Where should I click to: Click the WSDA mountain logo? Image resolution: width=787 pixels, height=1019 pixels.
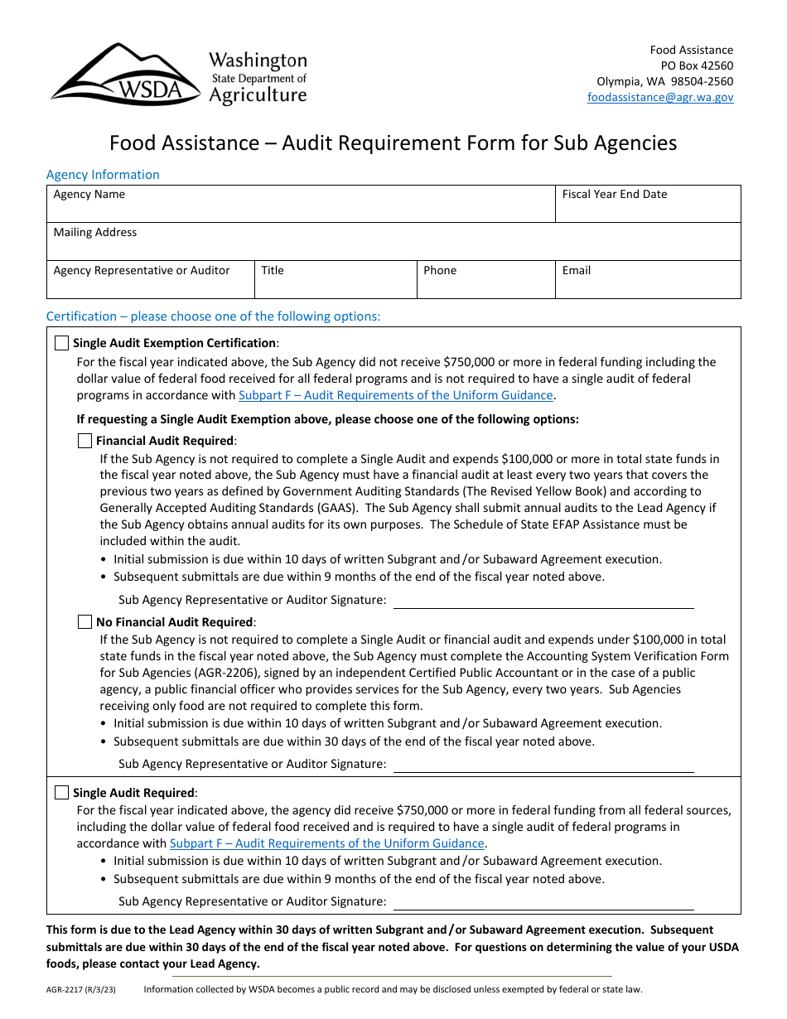tap(124, 75)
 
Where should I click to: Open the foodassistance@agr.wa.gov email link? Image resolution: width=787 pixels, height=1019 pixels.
tap(660, 97)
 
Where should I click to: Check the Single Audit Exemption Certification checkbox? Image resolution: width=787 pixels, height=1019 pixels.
tap(62, 343)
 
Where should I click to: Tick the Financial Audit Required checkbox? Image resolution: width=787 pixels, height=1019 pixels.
tap(84, 441)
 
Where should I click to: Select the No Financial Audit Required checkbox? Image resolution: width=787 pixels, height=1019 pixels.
tap(84, 621)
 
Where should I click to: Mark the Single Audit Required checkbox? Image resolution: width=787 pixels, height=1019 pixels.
tap(62, 793)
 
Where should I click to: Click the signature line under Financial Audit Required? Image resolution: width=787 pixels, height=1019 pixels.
tap(543, 601)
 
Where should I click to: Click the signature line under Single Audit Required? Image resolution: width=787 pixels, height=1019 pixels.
tap(543, 903)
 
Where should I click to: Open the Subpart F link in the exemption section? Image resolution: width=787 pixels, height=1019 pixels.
tap(396, 395)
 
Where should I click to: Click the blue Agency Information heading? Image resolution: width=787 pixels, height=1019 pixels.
tap(103, 175)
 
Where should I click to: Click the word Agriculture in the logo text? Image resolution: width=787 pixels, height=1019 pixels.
tap(257, 95)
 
